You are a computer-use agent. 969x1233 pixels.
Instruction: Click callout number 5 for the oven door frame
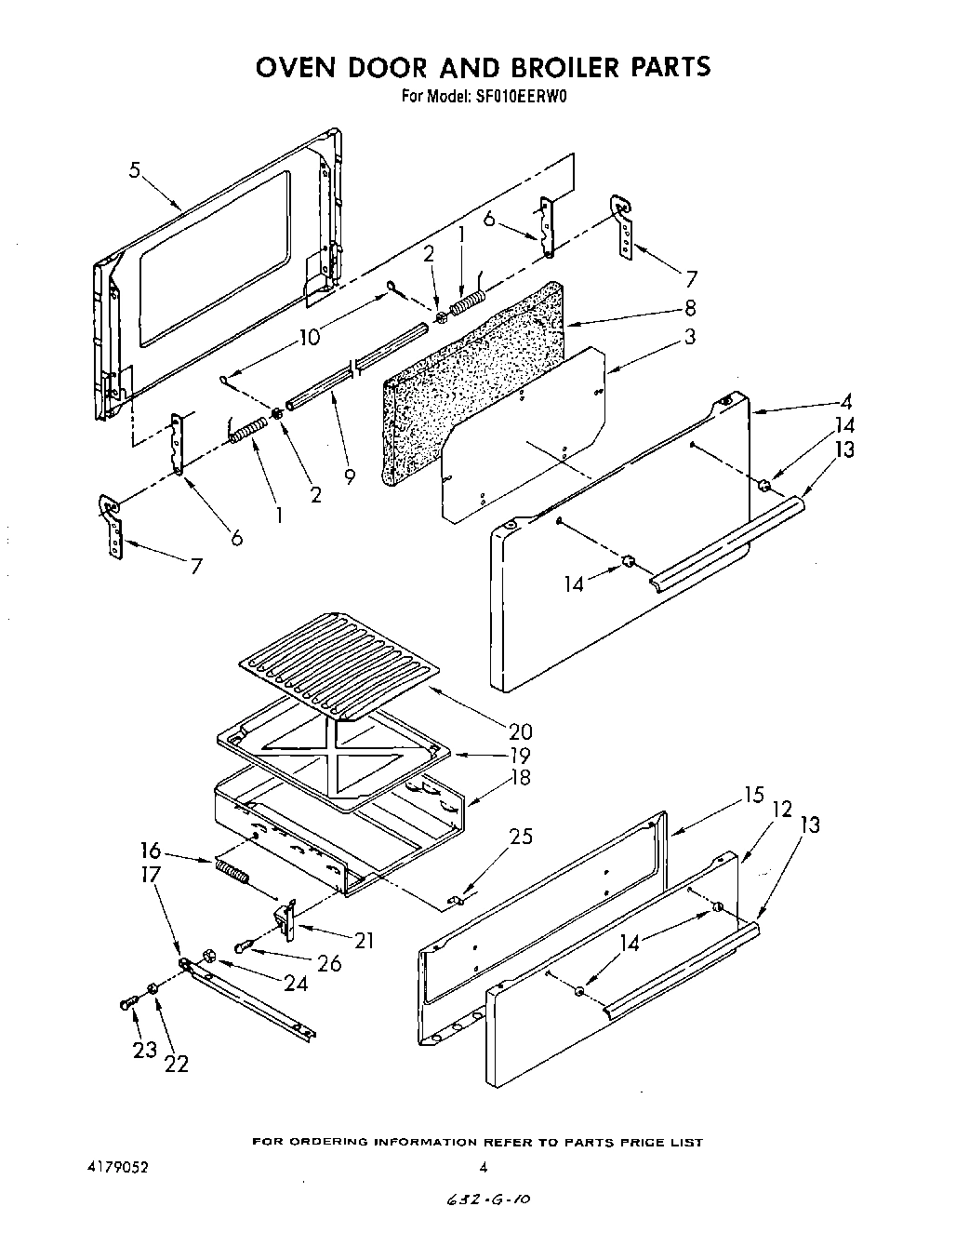click(x=136, y=170)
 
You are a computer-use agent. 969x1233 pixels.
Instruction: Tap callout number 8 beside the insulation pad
click(x=690, y=308)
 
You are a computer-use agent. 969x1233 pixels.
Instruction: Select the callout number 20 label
click(x=520, y=731)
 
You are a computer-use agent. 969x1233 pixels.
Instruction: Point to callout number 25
click(x=522, y=837)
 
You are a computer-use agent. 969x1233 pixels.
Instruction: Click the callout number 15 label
click(x=752, y=796)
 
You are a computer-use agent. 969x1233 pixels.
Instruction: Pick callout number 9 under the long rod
click(x=350, y=476)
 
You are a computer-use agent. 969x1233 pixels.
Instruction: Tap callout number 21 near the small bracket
click(x=364, y=941)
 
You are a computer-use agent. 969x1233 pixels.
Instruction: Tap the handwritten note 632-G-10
click(x=487, y=1201)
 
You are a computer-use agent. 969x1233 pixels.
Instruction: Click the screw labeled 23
click(x=127, y=1003)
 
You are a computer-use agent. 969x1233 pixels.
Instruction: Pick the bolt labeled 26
click(x=245, y=947)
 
